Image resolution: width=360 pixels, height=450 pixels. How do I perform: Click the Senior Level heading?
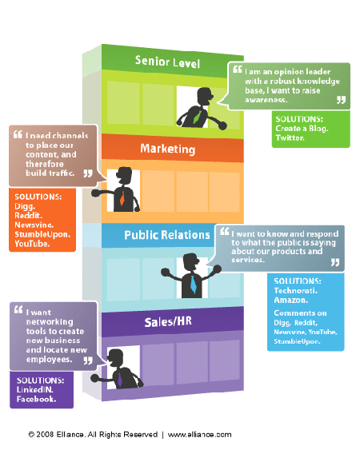(167, 62)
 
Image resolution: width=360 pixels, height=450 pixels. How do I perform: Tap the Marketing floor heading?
(168, 149)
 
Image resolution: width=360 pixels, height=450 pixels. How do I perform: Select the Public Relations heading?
(167, 235)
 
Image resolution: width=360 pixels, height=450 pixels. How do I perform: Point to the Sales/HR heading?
(168, 322)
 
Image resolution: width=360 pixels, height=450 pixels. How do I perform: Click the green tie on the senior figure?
(198, 117)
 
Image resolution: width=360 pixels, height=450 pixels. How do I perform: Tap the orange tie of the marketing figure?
(122, 197)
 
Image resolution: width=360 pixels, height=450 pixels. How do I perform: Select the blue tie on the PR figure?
(194, 284)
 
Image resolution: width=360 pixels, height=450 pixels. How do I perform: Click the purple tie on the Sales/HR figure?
(120, 380)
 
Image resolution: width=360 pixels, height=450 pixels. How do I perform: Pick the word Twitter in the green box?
(290, 138)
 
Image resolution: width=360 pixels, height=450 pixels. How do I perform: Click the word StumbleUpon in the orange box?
(42, 234)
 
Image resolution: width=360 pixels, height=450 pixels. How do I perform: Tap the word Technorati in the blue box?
(295, 291)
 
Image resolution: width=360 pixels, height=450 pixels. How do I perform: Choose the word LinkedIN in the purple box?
(34, 390)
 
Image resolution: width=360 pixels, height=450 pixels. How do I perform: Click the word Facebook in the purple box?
(36, 399)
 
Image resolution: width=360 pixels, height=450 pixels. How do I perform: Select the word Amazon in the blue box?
(290, 301)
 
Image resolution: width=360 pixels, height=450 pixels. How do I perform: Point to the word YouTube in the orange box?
(32, 244)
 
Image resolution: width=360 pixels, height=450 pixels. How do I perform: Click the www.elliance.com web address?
(199, 435)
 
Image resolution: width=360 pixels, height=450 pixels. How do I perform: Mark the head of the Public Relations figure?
(190, 262)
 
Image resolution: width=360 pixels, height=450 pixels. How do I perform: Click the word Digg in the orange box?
(25, 207)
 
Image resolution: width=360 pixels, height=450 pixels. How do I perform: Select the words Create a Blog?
(302, 129)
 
